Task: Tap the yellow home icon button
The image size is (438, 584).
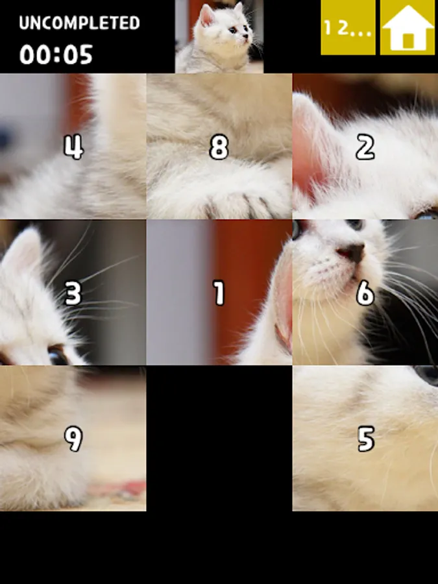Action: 409,27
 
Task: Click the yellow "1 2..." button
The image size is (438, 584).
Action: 348,27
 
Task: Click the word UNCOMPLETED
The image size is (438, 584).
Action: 79,23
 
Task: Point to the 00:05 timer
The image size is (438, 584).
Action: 56,55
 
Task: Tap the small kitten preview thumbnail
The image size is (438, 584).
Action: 219,36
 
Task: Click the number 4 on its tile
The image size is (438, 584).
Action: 73,147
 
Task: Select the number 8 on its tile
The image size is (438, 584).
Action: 219,147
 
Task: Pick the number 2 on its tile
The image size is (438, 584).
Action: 365,147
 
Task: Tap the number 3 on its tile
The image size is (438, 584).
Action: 73,293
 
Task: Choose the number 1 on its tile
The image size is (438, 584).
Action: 219,293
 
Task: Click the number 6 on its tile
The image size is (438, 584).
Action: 365,293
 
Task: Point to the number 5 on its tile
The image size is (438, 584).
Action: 366,439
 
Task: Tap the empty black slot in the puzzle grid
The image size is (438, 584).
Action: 219,439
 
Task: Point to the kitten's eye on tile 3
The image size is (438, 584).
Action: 58,356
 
